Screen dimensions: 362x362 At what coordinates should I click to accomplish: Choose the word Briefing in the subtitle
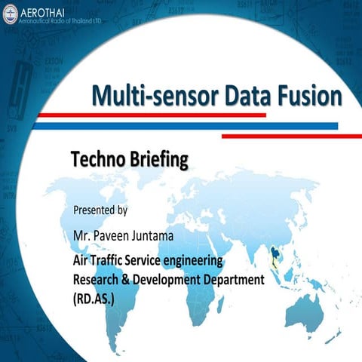coord(155,160)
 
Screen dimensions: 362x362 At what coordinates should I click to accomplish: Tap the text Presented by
coord(100,208)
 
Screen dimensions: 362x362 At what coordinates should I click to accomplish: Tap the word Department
coord(234,280)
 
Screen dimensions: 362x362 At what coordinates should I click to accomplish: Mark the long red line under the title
coord(151,115)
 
